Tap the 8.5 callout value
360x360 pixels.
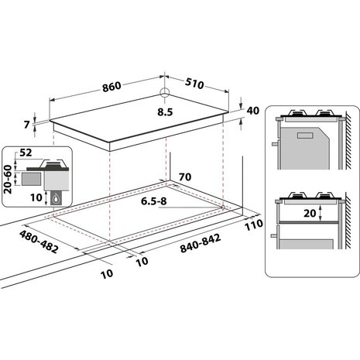click(164, 111)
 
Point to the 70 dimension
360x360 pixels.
click(183, 177)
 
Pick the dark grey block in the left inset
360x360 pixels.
click(31, 178)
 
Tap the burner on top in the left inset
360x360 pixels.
click(52, 163)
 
